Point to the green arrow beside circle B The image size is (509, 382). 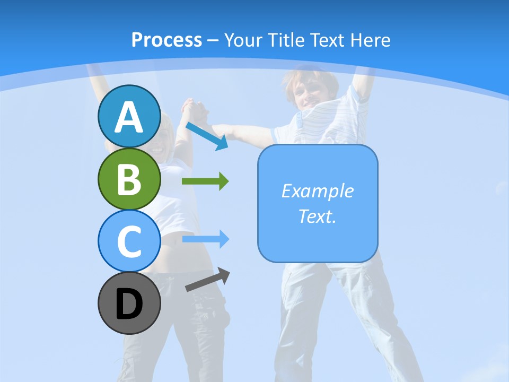[205, 181]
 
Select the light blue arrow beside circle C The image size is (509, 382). [205, 239]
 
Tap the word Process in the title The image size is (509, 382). [166, 40]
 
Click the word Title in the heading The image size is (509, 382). [286, 40]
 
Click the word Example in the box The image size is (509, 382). [317, 191]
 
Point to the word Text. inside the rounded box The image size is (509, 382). [317, 216]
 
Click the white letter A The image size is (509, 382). [129, 118]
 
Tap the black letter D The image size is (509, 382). [129, 305]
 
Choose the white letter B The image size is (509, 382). [129, 180]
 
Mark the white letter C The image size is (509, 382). [129, 242]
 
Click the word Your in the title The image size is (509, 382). [243, 40]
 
